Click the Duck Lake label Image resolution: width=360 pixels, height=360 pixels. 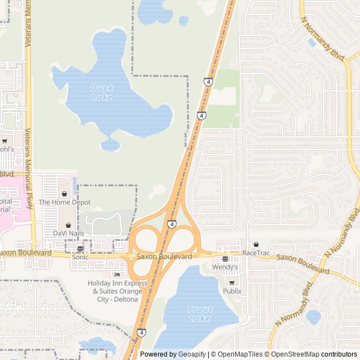(102, 92)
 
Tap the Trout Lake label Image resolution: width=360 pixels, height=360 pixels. (200, 314)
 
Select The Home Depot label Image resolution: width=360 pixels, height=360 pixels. (64, 202)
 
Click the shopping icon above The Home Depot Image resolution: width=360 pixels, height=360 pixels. (64, 193)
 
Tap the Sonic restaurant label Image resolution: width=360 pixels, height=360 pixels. (80, 256)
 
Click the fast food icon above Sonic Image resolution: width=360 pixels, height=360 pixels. (80, 248)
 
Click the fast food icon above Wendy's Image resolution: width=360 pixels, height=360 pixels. (225, 259)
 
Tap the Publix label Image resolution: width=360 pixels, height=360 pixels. (232, 291)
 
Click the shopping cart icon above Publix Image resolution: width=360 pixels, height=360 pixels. (232, 282)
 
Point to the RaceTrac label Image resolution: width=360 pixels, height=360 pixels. (256, 253)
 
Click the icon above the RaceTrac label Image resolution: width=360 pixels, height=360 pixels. (256, 244)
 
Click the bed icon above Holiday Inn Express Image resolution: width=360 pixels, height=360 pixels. (117, 274)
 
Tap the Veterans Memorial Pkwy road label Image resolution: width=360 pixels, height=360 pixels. (29, 169)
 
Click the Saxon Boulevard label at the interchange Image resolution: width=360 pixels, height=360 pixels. (164, 256)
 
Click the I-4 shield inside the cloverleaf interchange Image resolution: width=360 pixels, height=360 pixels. (171, 224)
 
